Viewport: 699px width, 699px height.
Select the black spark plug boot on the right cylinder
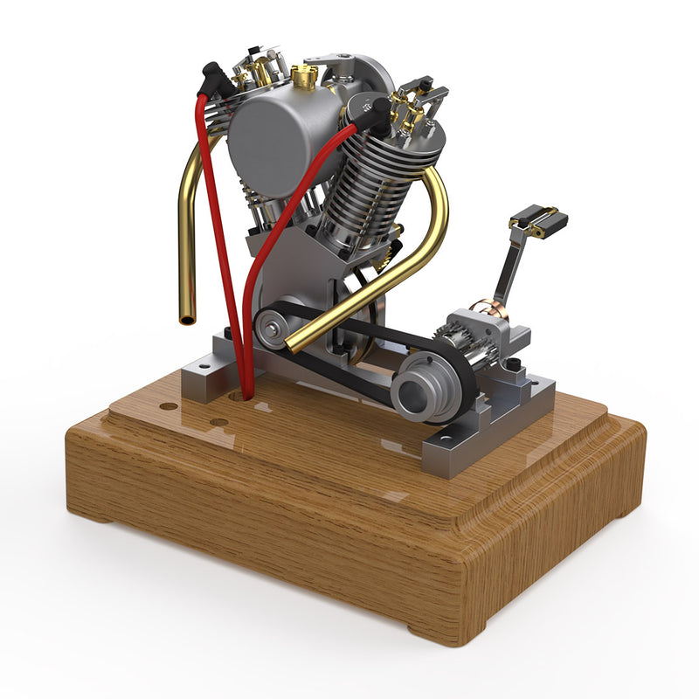click(379, 112)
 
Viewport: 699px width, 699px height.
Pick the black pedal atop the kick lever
click(539, 218)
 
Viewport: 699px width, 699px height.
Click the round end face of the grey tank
click(266, 144)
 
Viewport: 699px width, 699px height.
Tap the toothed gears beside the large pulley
click(457, 343)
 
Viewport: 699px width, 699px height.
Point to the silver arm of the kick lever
click(509, 266)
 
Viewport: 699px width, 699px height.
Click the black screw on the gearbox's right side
click(516, 363)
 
